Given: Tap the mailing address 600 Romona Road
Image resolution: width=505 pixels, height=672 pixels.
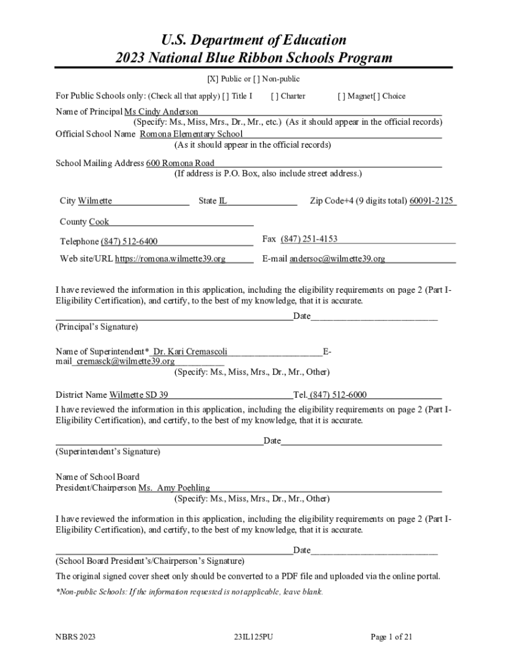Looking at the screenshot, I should [180, 163].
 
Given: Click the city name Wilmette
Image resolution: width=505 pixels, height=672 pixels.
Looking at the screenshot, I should [95, 201].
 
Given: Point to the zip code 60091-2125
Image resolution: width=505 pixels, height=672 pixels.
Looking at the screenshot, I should [432, 201].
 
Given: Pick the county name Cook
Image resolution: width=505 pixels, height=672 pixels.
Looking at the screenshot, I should [99, 222].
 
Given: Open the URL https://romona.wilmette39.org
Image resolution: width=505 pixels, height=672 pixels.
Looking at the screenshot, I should [171, 259].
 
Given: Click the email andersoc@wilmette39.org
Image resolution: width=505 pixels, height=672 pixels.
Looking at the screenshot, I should [337, 259].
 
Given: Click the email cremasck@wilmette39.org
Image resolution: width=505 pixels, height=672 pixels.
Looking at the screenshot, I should [125, 362].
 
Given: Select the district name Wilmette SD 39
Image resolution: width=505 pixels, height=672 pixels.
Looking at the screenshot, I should [138, 395].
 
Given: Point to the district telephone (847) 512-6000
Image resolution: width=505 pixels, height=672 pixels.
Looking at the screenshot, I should [338, 395].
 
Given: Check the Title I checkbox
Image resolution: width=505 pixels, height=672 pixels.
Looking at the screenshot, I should [226, 96].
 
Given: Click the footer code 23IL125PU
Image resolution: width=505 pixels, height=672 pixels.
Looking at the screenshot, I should [253, 637].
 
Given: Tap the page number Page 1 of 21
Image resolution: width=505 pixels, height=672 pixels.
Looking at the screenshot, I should [392, 637].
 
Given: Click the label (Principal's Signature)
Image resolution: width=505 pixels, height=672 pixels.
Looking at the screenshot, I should [97, 327].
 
